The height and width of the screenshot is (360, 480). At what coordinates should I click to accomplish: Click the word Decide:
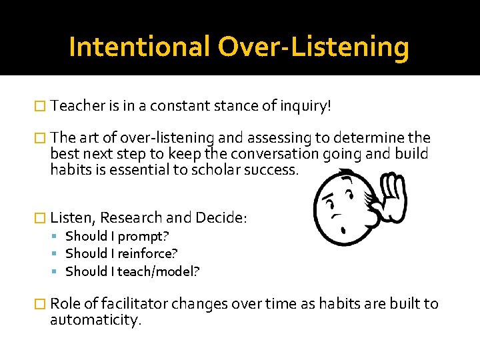pos(221,217)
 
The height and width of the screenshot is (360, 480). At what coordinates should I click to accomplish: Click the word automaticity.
pos(96,320)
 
